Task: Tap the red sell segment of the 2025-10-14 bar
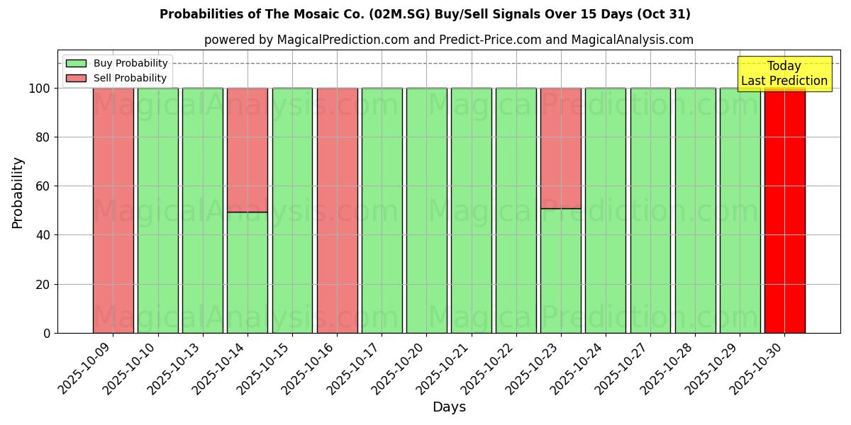(247, 149)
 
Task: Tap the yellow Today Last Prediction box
(784, 74)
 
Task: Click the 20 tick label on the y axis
(43, 285)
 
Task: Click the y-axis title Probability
(18, 193)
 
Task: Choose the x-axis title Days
(449, 407)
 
